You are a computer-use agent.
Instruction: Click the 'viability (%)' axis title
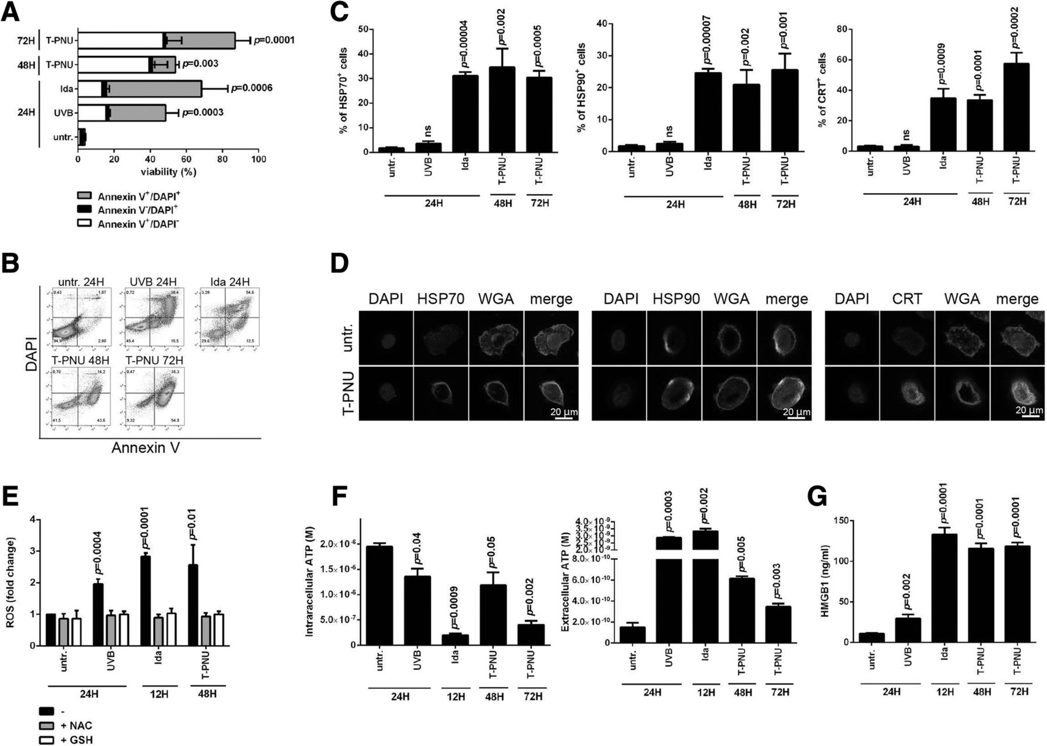(168, 172)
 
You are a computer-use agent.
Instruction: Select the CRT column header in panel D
(906, 299)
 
